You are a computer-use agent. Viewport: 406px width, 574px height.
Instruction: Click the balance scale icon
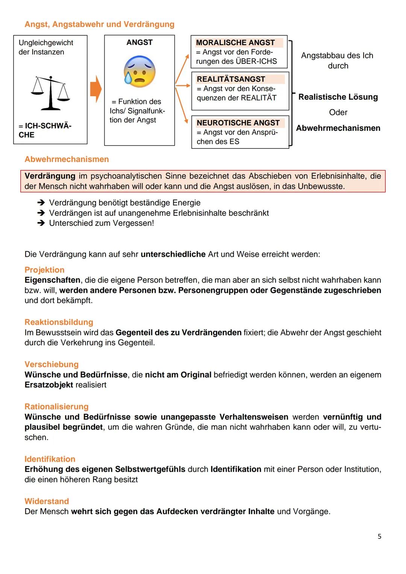pos(51,93)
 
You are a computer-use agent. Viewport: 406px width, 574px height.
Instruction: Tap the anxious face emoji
pos(139,71)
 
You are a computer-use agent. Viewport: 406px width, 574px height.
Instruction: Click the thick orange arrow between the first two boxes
pos(96,89)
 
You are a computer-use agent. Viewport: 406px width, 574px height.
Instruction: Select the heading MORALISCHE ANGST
pos(235,42)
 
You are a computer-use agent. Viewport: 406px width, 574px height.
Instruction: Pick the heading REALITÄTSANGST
pos(231,79)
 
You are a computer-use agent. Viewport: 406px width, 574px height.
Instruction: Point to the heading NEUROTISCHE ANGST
pos(238,123)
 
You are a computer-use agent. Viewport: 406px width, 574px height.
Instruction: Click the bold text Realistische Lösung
pos(338,97)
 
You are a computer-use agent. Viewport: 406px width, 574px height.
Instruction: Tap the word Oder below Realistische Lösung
pos(338,112)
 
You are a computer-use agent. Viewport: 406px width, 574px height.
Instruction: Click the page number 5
pos(379,536)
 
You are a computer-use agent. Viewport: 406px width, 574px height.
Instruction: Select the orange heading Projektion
pos(44,270)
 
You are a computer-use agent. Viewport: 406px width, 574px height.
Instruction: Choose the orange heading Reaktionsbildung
pos(59,322)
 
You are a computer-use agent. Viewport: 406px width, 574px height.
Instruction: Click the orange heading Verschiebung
pos(52,364)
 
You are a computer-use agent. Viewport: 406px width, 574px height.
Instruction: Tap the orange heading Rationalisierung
pos(56,406)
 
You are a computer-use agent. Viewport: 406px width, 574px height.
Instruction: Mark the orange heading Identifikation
pos(50,459)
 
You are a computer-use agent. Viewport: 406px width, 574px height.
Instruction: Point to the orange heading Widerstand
pos(47,501)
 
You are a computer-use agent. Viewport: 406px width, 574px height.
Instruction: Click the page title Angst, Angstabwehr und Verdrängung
pos(99,24)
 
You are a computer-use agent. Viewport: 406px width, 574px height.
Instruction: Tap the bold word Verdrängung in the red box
pos(50,176)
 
